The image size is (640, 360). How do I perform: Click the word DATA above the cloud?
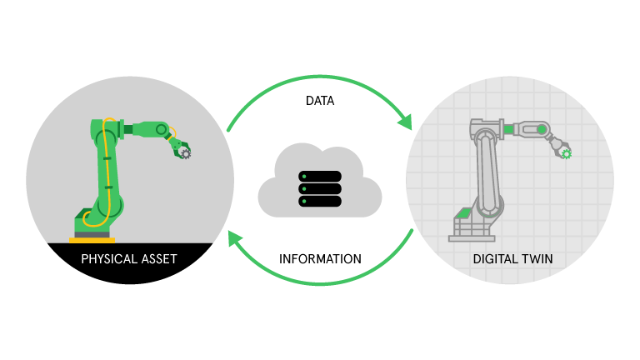tap(320, 101)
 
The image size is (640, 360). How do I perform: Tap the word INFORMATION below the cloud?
tap(320, 259)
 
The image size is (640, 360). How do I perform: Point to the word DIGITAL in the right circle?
tap(496, 259)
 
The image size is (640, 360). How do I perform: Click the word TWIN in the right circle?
tap(537, 259)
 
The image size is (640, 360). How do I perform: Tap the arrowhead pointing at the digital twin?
tap(406, 122)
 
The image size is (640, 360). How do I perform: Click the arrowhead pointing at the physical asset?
tap(235, 238)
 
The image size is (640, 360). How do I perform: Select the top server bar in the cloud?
tap(320, 177)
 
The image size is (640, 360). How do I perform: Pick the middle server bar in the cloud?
tap(320, 188)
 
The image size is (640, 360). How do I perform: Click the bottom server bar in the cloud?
tap(320, 201)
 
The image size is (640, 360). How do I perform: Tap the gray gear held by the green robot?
tap(186, 153)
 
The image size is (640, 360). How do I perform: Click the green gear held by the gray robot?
tap(566, 154)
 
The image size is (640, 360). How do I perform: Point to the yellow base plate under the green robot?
tap(92, 240)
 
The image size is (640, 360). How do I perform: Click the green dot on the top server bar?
tap(304, 177)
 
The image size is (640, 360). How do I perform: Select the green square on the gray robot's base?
tap(463, 212)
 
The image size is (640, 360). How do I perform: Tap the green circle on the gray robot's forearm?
tap(542, 129)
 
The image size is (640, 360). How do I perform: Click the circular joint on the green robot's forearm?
tap(161, 130)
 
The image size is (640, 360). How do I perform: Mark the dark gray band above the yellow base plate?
tap(92, 235)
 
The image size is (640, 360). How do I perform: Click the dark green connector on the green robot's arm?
tap(127, 130)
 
